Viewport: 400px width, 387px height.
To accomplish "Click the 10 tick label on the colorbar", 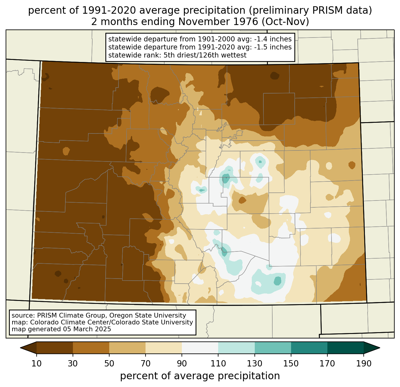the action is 36,363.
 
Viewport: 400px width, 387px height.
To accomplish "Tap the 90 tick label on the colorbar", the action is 182,363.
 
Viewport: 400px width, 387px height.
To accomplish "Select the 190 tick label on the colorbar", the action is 364,363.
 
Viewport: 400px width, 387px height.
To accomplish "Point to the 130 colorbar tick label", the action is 254,363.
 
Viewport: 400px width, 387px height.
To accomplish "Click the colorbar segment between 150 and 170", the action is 309,348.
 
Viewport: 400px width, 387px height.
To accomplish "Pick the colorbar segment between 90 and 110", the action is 200,348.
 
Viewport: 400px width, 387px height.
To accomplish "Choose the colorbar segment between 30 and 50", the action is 91,348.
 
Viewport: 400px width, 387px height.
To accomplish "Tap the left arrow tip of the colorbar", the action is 20,348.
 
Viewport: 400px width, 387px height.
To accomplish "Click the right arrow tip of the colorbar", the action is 380,348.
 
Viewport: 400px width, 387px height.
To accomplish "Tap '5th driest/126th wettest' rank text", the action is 205,55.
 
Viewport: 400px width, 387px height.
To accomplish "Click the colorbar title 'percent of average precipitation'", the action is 200,376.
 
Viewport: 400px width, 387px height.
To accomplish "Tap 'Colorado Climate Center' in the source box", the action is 71,322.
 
